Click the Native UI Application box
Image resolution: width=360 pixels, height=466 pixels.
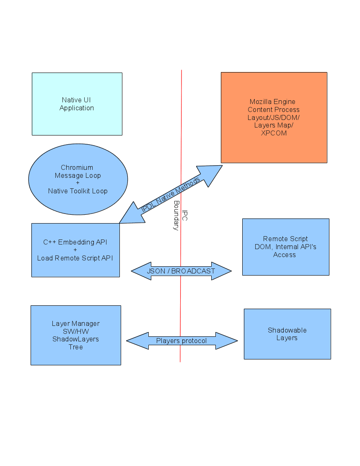[77, 104]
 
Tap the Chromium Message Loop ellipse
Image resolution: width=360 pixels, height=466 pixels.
[78, 179]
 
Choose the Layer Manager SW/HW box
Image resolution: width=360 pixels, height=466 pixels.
[75, 335]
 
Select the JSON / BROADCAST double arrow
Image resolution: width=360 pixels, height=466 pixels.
[181, 271]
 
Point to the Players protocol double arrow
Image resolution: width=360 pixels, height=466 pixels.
[181, 341]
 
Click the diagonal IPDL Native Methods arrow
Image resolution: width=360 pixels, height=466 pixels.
[171, 194]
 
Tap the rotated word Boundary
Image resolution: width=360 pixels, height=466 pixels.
[176, 215]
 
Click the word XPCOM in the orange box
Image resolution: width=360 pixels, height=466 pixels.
[273, 133]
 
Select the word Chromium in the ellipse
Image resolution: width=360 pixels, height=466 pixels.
[77, 167]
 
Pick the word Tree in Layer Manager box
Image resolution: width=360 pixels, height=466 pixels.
[75, 347]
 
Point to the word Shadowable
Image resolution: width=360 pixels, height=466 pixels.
[287, 330]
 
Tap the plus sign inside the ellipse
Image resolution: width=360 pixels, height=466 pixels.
[78, 183]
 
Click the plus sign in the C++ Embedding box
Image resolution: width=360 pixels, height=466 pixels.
[75, 250]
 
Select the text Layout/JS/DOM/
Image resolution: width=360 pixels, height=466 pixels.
[273, 117]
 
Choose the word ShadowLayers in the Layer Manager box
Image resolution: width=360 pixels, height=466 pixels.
[75, 339]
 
